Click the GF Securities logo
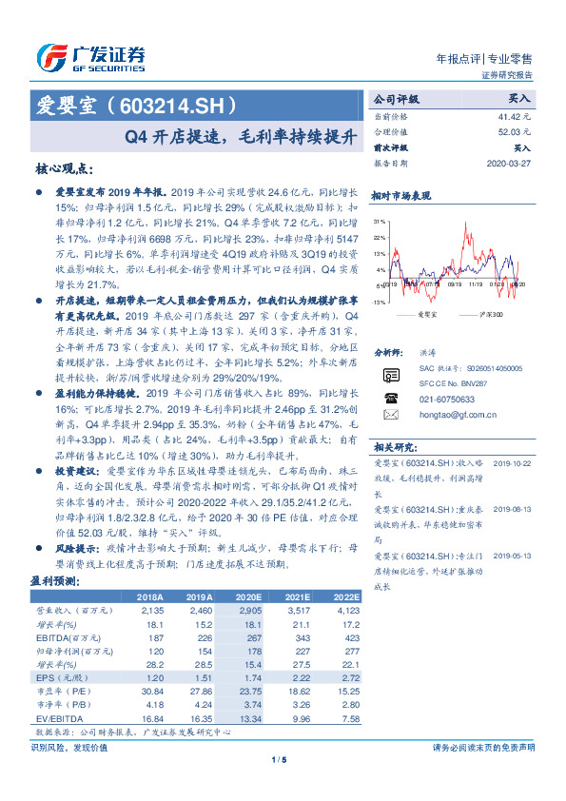point(90,58)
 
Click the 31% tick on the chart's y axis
point(380,221)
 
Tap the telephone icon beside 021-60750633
point(389,397)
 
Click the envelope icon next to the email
point(389,415)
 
